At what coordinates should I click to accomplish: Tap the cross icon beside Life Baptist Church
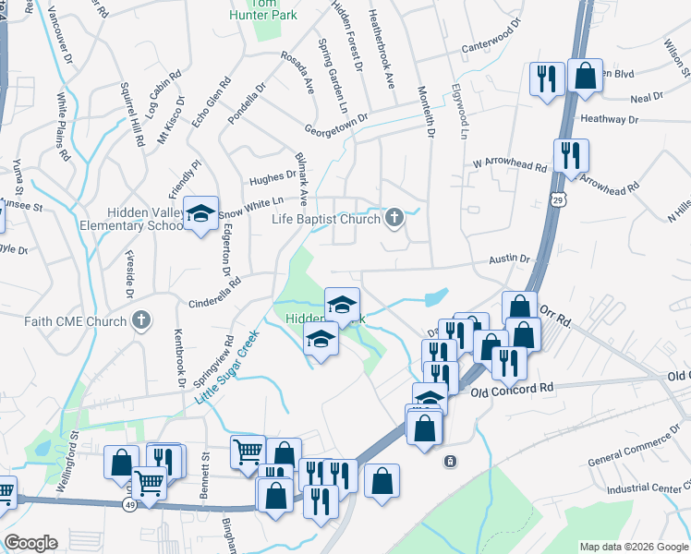tap(394, 219)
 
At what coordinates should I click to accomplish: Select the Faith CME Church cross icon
tap(140, 321)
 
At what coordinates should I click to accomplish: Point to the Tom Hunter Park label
tap(264, 8)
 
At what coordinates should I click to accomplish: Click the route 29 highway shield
tap(558, 199)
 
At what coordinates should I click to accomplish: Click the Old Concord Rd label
tap(511, 391)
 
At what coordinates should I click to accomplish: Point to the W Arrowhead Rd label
tap(509, 164)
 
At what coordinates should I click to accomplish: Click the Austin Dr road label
tap(509, 260)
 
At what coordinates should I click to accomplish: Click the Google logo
tap(30, 543)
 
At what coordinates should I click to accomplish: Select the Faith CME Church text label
tap(76, 321)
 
